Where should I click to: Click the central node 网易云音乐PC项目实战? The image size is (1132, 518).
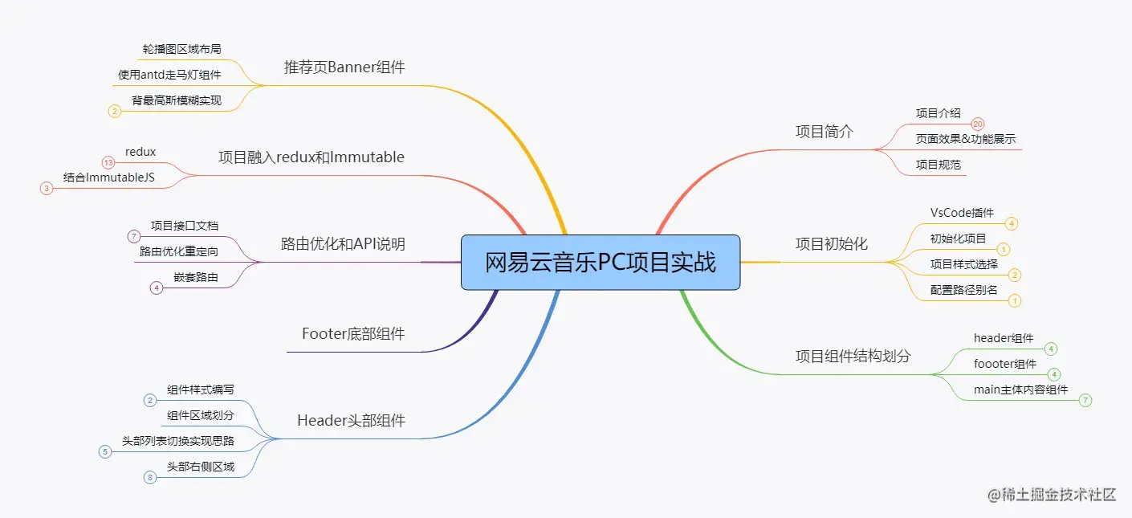[x=600, y=262]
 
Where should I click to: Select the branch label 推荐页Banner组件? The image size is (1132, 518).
[x=344, y=67]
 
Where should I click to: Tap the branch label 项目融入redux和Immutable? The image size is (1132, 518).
[x=312, y=157]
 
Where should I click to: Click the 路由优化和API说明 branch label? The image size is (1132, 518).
[x=343, y=244]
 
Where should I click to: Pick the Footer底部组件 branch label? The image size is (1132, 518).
[x=353, y=333]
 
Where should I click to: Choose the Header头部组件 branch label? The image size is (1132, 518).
[x=351, y=420]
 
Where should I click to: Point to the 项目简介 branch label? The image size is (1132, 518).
[x=824, y=132]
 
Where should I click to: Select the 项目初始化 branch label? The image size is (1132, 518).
[x=831, y=243]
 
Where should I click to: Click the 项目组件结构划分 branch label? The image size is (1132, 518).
[x=853, y=356]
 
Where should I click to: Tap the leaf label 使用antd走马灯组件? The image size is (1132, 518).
[x=169, y=75]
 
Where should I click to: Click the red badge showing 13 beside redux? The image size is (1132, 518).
[x=108, y=163]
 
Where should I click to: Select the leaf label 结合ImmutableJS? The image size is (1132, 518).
[x=109, y=177]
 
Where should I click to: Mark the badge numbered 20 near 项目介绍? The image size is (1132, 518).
[x=977, y=124]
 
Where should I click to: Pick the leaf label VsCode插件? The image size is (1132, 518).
[x=962, y=213]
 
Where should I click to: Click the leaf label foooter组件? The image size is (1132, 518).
[x=1004, y=364]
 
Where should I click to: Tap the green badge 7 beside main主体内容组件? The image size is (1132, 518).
[x=1085, y=400]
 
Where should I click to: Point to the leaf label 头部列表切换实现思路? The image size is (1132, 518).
[x=178, y=441]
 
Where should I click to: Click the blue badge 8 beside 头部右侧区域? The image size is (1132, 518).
[x=149, y=478]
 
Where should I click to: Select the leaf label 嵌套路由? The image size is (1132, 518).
[x=195, y=277]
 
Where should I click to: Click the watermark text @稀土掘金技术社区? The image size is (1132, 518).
[x=1052, y=495]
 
